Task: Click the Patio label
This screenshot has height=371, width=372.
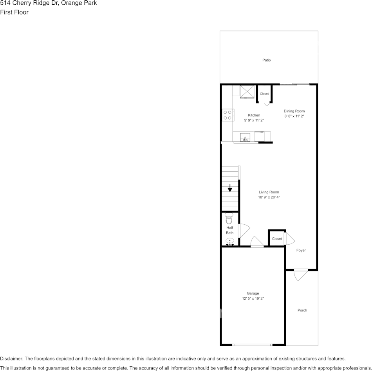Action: coord(266,60)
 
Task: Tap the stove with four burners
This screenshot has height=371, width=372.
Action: coord(227,115)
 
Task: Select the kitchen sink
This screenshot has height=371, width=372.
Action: coord(246,137)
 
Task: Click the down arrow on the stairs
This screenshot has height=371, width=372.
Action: coord(230,188)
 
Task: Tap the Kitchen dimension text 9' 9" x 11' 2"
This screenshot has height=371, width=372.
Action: coord(254,120)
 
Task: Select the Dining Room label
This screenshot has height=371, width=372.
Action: coord(294,111)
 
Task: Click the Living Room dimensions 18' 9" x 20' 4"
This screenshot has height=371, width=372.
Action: coord(269,198)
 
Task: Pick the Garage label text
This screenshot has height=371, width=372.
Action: coord(253,293)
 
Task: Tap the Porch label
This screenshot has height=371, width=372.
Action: coord(302,310)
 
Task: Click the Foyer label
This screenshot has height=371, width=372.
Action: coord(301,250)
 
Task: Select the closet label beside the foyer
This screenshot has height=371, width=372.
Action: coord(277,239)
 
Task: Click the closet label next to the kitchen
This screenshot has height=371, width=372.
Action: coord(264,94)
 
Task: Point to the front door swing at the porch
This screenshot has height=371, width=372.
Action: coord(301,275)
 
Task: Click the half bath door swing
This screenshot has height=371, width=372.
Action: coord(244,230)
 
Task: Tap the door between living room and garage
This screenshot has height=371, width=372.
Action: coord(257,242)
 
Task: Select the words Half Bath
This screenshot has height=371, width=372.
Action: coord(229,230)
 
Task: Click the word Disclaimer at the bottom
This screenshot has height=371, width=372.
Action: coord(11,359)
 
